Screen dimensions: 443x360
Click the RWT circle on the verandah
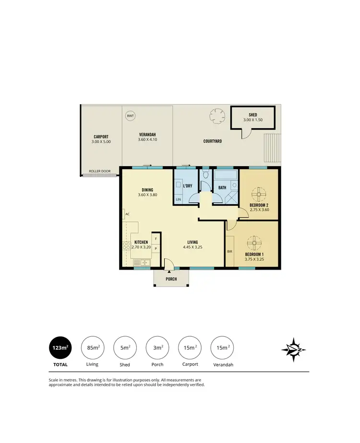130,116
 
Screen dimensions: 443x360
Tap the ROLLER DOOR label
99,171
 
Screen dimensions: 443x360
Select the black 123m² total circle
60,348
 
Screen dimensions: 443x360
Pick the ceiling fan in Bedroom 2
259,195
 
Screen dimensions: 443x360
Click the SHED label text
252,114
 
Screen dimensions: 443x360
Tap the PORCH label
171,279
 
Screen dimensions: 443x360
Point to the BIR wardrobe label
229,251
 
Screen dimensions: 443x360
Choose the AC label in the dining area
127,214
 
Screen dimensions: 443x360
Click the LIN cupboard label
178,199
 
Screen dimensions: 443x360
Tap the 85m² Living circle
92,348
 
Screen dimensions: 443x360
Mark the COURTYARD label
212,141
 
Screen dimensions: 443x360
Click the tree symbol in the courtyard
217,115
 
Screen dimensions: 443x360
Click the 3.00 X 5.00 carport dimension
101,142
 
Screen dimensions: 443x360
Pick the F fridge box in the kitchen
156,238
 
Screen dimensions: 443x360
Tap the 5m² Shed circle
124,348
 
